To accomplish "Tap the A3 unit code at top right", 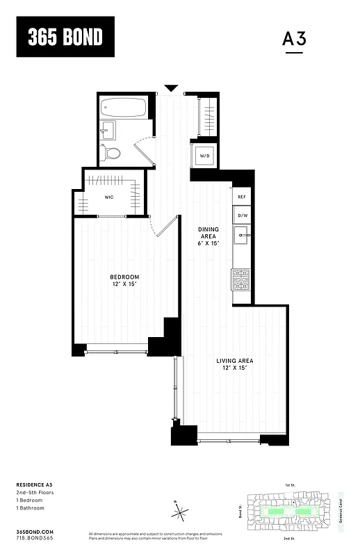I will tap(294, 39).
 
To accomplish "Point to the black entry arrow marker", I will tap(171, 88).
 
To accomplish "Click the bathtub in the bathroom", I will tap(124, 108).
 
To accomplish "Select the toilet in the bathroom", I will tap(112, 153).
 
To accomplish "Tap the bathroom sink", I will tap(107, 129).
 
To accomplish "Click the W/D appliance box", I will tap(205, 156).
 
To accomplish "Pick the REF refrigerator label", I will tap(242, 197).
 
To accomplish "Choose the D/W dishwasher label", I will tap(242, 216).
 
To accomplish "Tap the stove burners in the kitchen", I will tap(241, 279).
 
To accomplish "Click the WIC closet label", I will tap(109, 197).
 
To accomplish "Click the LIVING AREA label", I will tap(234, 363).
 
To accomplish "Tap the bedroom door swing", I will tap(163, 227).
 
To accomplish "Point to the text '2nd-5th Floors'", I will tap(35, 492).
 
